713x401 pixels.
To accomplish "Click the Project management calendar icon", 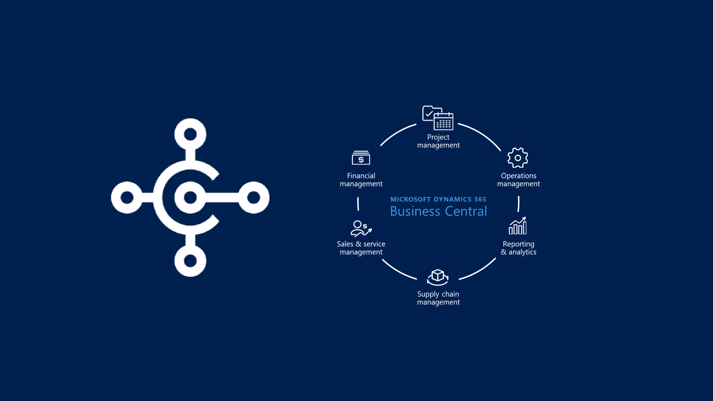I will click(x=438, y=118).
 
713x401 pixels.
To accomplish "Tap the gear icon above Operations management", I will click(x=518, y=158).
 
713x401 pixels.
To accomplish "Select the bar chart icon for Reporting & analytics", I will click(x=518, y=226).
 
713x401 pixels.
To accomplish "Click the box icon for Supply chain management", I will click(x=438, y=277).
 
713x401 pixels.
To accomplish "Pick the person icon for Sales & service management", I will click(x=361, y=228).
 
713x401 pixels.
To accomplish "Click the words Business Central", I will click(x=438, y=211).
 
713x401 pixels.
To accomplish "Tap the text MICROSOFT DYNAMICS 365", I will click(x=438, y=199).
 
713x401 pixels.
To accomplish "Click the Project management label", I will click(x=438, y=141).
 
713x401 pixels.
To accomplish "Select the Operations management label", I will click(x=518, y=180).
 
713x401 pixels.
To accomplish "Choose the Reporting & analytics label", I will click(x=518, y=248).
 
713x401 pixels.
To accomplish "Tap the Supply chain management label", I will click(x=438, y=298).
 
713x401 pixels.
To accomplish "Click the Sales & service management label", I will click(x=361, y=248).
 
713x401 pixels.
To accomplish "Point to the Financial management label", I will click(x=361, y=180).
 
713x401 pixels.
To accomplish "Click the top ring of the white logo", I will click(x=190, y=134).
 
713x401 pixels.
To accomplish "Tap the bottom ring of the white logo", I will click(x=190, y=261).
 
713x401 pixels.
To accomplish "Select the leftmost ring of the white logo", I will click(x=127, y=197).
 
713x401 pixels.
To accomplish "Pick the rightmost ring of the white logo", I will click(x=253, y=197).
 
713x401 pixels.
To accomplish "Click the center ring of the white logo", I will click(x=190, y=197).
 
